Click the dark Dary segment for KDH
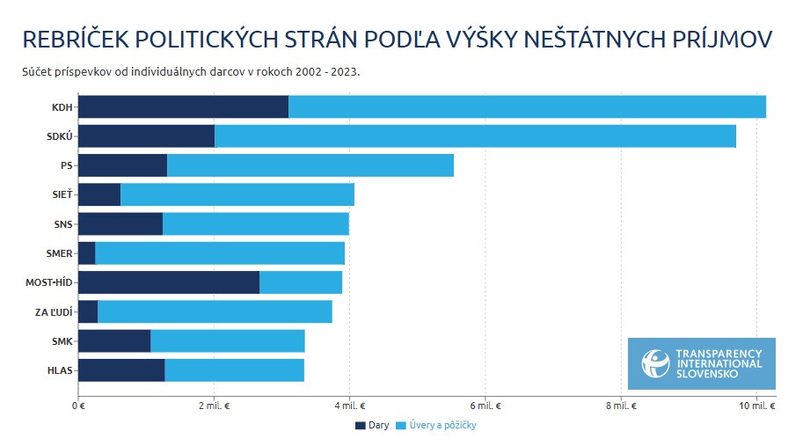[183, 106]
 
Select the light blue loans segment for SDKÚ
[475, 136]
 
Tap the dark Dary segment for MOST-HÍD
[168, 282]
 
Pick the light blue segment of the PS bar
[310, 165]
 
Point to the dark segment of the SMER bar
[86, 253]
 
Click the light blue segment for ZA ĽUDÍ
[215, 311]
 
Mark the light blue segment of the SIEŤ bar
[237, 194]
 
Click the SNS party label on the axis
[63, 224]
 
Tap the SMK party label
[62, 341]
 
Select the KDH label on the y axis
[62, 107]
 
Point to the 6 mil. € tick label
[485, 406]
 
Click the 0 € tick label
[77, 406]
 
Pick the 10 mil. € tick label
[757, 406]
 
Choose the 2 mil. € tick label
[214, 406]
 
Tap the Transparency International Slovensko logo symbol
[654, 362]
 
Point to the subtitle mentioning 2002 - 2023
[191, 71]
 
